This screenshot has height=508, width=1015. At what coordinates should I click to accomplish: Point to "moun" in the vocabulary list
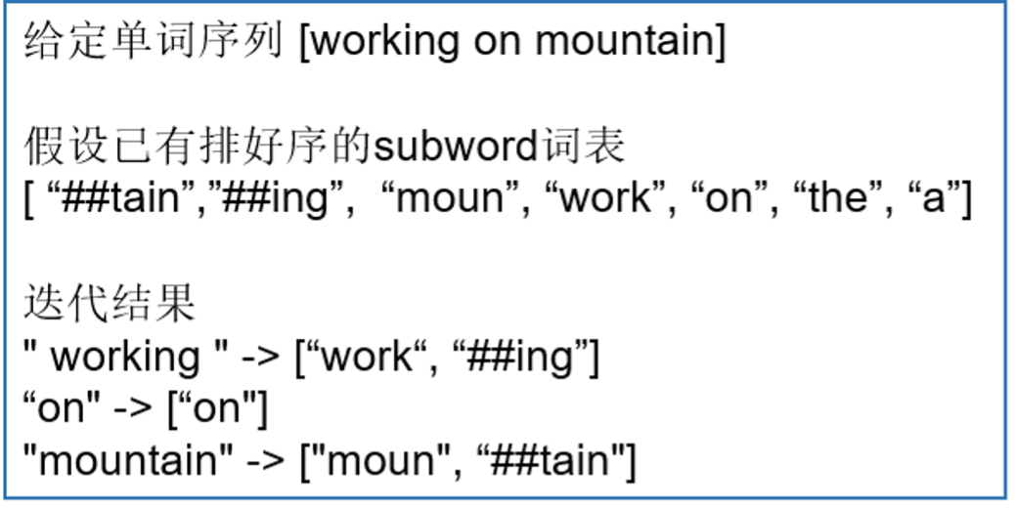[x=452, y=199]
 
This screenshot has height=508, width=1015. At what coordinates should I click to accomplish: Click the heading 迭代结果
[x=110, y=305]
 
